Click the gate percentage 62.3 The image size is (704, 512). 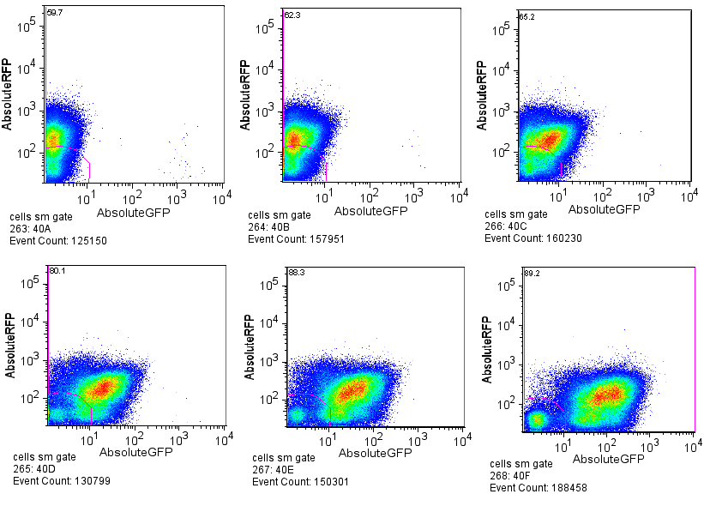[x=292, y=15]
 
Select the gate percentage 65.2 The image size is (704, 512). [x=526, y=16]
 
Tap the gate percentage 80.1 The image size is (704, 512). [x=57, y=271]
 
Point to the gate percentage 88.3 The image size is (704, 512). [x=297, y=272]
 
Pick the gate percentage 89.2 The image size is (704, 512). [x=532, y=273]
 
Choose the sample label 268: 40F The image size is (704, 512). [x=513, y=476]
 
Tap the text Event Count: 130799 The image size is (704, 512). [x=61, y=481]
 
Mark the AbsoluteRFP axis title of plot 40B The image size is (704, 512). [x=246, y=95]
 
